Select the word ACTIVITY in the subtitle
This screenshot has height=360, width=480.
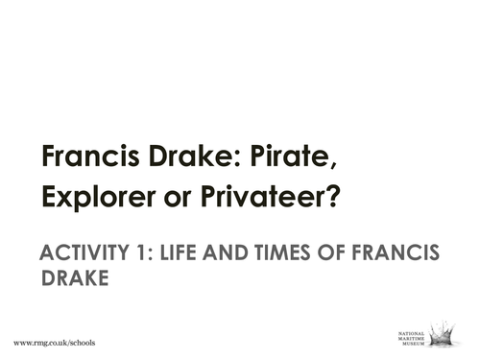[x=83, y=253]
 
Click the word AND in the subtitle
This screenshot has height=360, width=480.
[x=236, y=253]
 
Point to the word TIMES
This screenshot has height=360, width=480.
[x=297, y=253]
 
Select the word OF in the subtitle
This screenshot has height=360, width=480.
[x=348, y=253]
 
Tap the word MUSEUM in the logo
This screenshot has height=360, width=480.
[x=412, y=343]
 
